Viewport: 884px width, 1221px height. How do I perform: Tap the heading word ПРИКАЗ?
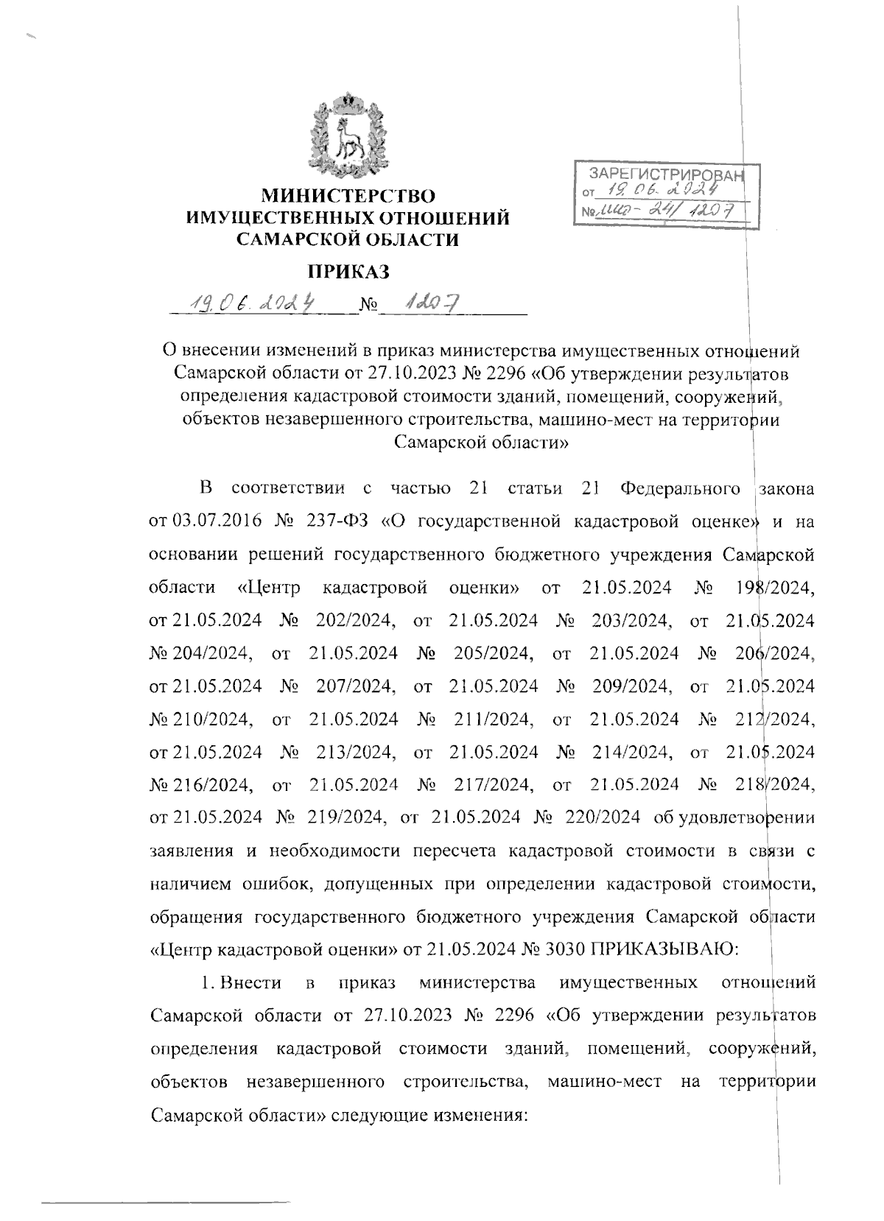(348, 272)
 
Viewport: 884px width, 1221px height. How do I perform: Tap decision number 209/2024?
(632, 686)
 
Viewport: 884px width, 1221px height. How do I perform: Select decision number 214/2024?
(632, 752)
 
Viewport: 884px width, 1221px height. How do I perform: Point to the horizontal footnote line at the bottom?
(166, 1203)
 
